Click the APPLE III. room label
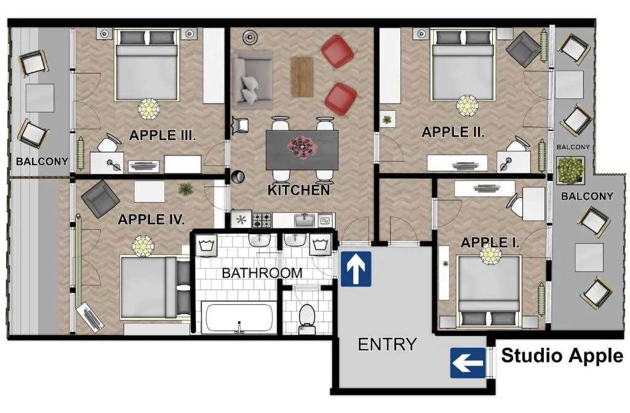click(162, 135)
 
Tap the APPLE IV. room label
click(151, 219)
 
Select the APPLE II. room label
click(453, 132)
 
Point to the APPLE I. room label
click(490, 243)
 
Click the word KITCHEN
click(299, 191)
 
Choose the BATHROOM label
click(262, 273)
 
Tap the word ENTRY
click(387, 344)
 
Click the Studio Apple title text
click(562, 356)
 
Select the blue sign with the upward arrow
click(356, 268)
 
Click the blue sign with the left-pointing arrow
click(468, 363)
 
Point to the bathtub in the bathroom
click(238, 318)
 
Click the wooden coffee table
click(302, 77)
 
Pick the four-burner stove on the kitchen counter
click(263, 219)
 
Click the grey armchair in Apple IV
click(100, 199)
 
